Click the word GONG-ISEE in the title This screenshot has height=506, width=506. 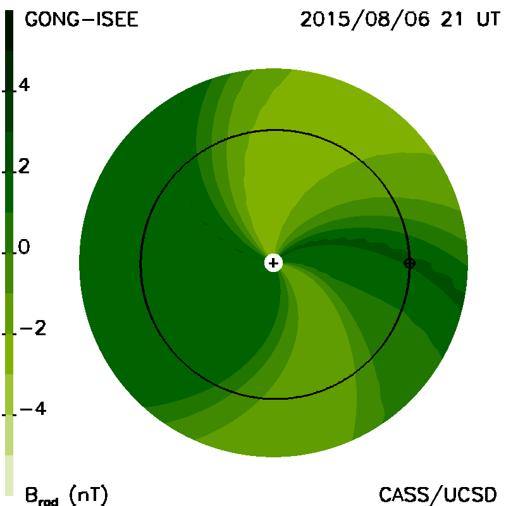[82, 20]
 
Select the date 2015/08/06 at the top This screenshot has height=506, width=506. [365, 20]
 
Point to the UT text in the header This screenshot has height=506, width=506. [488, 20]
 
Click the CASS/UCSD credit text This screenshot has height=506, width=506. [438, 495]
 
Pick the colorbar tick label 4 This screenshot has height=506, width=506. [24, 85]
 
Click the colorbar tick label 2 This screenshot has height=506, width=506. [24, 166]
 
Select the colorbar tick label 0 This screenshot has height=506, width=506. [24, 247]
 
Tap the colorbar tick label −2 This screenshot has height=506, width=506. [33, 328]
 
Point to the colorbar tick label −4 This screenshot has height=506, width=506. [33, 409]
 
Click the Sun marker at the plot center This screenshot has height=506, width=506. [273, 263]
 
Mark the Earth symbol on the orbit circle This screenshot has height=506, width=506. [409, 263]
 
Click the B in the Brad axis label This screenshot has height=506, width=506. [31, 495]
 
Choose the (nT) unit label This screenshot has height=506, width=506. [89, 495]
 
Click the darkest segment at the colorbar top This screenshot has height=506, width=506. [9, 30]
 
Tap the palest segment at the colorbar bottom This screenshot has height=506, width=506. [9, 475]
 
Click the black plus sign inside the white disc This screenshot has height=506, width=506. [273, 263]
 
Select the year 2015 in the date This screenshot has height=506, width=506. [325, 20]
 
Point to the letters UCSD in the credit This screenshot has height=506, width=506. [470, 495]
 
